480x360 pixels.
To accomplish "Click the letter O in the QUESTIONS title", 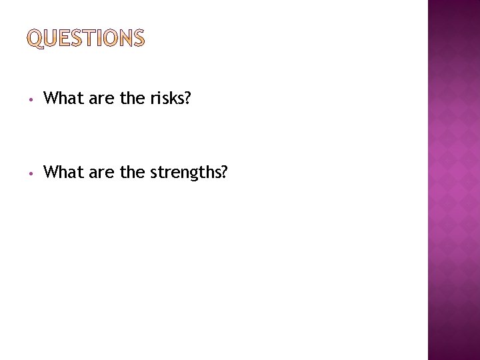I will [111, 39].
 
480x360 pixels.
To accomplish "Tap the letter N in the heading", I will [125, 39].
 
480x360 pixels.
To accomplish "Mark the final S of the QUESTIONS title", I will [138, 39].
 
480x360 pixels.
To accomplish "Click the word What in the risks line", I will [61, 99].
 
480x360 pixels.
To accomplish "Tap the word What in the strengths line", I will [61, 173].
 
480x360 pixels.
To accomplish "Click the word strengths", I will [183, 173].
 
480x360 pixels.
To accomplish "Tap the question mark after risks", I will [187, 99].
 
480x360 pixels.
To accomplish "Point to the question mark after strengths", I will [224, 173].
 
